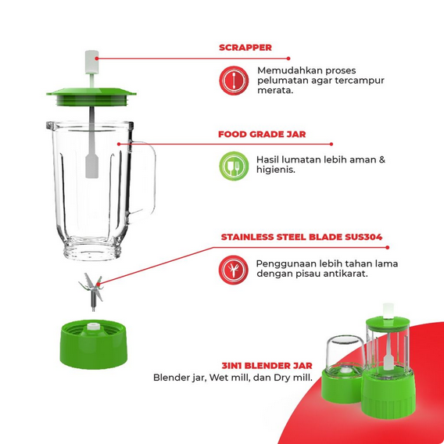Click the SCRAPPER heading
tap(245, 48)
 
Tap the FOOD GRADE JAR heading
tap(262, 134)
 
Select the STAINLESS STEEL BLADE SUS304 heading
tap(302, 237)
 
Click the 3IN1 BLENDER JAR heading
tap(267, 366)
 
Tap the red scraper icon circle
tap(234, 81)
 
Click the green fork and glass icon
tap(234, 166)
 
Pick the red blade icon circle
tap(233, 270)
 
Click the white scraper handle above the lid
tap(91, 63)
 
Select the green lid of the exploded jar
tap(91, 97)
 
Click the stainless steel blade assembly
tap(91, 292)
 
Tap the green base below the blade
tap(93, 344)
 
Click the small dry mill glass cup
tap(345, 354)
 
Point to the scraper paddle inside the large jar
tap(91, 166)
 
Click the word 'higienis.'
tap(275, 170)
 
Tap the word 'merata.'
tap(275, 91)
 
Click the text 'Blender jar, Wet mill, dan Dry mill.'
tap(233, 378)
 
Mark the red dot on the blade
tap(98, 284)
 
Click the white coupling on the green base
tap(93, 326)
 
